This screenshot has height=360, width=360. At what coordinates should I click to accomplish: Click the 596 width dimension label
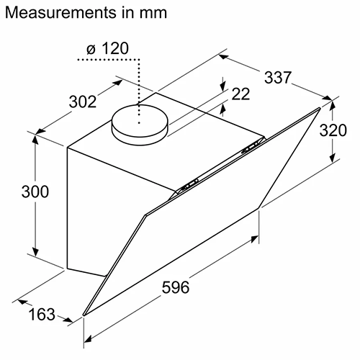176,287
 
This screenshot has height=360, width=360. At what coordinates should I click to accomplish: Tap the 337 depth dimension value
278,78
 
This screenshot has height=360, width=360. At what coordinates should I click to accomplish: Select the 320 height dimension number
333,130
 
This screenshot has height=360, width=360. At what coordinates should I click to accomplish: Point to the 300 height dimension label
35,192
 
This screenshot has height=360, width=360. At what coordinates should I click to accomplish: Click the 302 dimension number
83,102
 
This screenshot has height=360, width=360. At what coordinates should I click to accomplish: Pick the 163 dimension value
42,314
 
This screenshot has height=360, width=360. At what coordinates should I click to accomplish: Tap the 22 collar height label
240,94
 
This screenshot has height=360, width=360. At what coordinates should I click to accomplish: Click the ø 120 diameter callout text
107,48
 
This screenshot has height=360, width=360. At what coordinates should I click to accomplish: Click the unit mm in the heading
153,14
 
